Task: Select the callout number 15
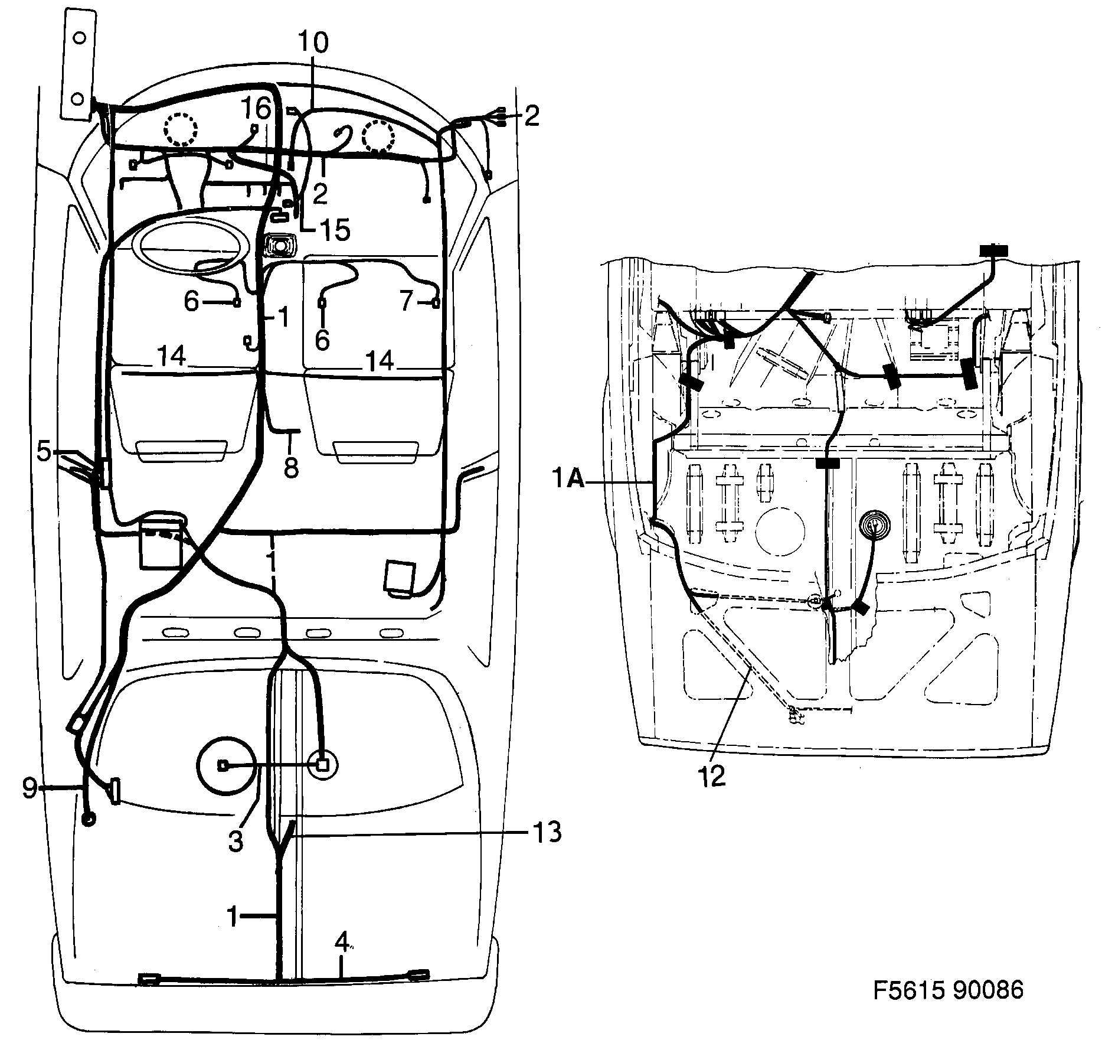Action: pos(333,230)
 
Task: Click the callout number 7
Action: pos(406,302)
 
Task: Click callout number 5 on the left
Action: pos(44,451)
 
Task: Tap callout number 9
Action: pos(30,788)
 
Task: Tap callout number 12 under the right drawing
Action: pos(713,775)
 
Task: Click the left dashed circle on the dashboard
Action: pos(180,129)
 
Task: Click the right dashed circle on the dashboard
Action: pos(378,136)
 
